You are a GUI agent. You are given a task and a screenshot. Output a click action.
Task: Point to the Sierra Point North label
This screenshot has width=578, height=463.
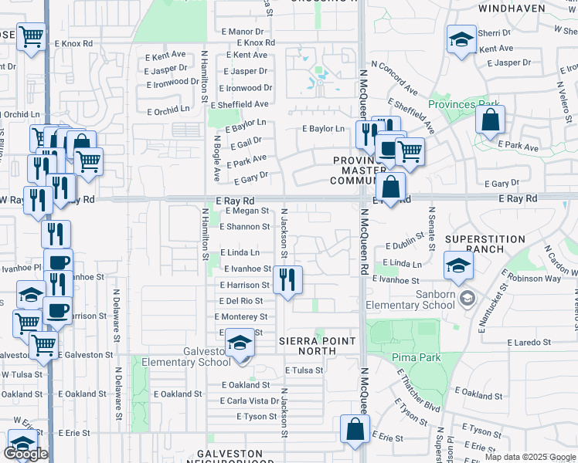307,346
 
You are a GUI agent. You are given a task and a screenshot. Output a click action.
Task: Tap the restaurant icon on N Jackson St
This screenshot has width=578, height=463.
287,279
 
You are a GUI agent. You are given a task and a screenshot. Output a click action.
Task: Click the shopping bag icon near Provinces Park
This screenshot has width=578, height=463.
490,120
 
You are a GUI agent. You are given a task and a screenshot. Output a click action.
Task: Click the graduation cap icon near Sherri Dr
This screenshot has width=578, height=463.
461,39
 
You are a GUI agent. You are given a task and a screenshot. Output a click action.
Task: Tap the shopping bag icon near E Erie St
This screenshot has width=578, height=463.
355,429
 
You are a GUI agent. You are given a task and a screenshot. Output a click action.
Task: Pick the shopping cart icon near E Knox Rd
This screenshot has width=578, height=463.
32,36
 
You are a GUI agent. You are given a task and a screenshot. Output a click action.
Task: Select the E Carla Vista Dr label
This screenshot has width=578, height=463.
250,400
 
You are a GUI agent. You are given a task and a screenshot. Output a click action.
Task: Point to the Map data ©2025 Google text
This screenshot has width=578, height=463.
529,457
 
